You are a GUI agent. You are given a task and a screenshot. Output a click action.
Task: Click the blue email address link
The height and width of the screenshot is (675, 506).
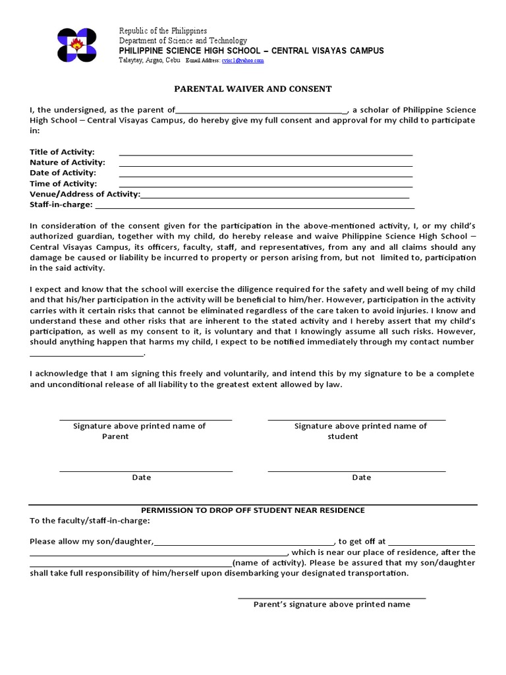click(242, 60)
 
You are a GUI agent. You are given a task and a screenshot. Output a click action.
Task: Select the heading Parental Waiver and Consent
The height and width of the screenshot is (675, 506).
click(252, 88)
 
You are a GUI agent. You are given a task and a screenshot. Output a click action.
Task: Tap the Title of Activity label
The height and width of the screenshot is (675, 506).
click(62, 152)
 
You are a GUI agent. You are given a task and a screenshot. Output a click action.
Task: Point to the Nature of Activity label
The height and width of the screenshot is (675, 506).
click(67, 162)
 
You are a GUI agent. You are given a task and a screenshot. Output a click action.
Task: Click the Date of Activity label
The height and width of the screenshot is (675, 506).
click(63, 173)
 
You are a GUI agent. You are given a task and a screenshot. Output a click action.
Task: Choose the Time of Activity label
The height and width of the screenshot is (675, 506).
click(63, 183)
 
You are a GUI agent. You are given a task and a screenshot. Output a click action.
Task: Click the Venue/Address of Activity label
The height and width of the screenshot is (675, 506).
click(84, 194)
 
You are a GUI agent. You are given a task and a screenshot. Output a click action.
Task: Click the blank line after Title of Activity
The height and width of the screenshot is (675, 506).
click(266, 154)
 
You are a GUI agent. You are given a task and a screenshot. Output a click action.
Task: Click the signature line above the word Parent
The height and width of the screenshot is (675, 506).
click(146, 419)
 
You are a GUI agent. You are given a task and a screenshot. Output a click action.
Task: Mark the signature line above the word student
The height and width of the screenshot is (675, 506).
click(356, 419)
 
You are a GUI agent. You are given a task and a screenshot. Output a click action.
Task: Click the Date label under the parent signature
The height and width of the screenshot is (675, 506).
click(142, 477)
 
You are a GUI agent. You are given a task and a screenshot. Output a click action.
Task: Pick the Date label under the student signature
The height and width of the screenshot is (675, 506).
click(361, 477)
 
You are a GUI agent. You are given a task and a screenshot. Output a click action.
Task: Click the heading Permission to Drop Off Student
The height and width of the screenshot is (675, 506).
click(254, 510)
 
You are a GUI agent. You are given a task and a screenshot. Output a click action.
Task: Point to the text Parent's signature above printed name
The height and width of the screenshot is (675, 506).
click(332, 604)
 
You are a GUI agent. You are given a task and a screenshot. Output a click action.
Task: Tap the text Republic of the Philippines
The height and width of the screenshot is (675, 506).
click(163, 31)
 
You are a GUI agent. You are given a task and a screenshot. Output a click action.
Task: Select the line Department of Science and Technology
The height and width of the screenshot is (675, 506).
click(183, 41)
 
